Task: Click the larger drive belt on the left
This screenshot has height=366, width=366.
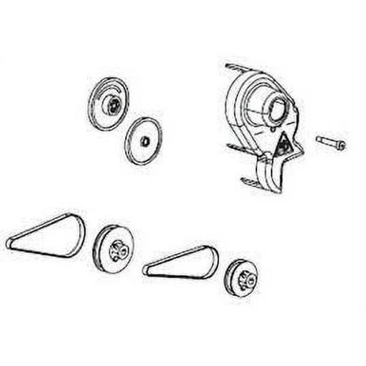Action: [x=45, y=229]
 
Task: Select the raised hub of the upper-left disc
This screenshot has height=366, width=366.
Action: [x=111, y=102]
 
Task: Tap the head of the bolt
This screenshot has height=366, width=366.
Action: [x=340, y=146]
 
